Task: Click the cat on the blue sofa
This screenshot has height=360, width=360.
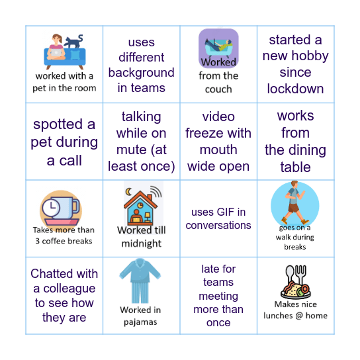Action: coord(74,42)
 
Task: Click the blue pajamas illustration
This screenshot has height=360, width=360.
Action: coord(141,281)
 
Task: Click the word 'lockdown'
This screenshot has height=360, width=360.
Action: coord(295,89)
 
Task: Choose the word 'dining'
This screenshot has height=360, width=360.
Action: coord(308,150)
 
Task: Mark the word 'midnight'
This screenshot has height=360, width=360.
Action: coord(141,243)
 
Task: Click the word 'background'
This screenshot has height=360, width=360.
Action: coord(141,73)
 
